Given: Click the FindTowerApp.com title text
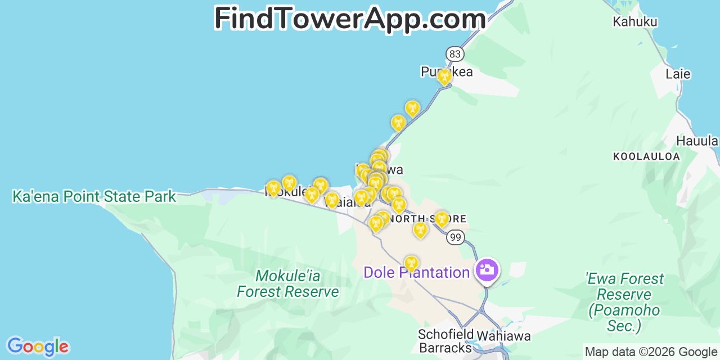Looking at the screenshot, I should (350, 19).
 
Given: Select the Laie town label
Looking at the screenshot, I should (678, 74).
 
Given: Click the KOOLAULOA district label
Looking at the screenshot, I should (646, 156).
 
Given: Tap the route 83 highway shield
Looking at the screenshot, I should (455, 54).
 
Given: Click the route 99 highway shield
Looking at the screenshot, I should (455, 237).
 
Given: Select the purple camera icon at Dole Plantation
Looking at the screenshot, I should (487, 270).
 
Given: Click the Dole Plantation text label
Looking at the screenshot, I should (416, 273).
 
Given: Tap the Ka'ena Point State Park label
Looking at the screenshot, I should (94, 197).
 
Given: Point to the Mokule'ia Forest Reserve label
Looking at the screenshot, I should (288, 284).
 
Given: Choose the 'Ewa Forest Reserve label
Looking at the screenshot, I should (624, 302).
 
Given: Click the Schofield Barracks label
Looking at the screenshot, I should (445, 341).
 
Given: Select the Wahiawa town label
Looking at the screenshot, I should (503, 336).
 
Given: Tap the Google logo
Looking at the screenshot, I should (37, 346).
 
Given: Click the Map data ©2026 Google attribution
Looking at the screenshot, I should (651, 352).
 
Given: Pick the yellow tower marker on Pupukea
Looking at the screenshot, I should (444, 76).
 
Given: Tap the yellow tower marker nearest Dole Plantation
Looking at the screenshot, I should (411, 263).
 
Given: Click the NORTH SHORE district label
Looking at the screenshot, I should (427, 219).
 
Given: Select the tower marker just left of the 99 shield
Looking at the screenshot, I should (442, 219).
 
